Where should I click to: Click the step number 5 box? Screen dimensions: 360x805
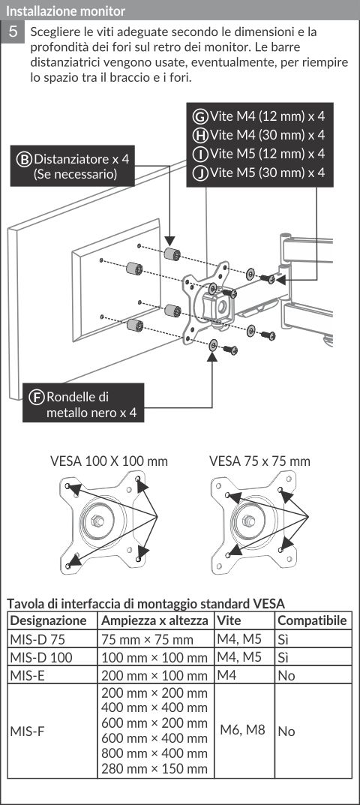point(13,32)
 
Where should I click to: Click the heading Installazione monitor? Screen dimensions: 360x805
point(65,10)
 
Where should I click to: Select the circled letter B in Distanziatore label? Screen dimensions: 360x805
point(24,158)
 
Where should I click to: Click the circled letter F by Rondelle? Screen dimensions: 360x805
point(36,397)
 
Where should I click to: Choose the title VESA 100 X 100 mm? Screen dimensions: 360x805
point(109,461)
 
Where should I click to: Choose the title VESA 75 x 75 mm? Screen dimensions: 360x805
point(259,461)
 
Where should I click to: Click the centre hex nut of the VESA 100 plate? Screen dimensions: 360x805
point(97,521)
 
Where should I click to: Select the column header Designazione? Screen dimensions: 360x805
point(49,620)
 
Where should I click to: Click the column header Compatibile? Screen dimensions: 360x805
point(312,620)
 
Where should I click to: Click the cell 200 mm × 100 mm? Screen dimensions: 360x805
point(154,675)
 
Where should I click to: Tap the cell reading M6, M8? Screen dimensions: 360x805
point(243,729)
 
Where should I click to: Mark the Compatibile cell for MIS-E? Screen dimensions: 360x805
point(286,675)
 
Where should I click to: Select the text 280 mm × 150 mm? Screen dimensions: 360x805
point(154,769)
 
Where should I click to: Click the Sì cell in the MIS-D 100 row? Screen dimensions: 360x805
point(283,657)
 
